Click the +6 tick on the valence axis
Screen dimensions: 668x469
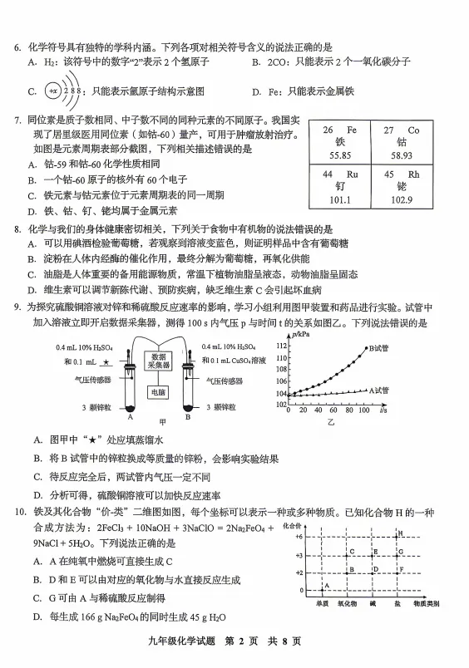point(296,536)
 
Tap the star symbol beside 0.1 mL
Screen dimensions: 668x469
point(106,361)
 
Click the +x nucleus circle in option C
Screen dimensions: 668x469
point(52,91)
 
